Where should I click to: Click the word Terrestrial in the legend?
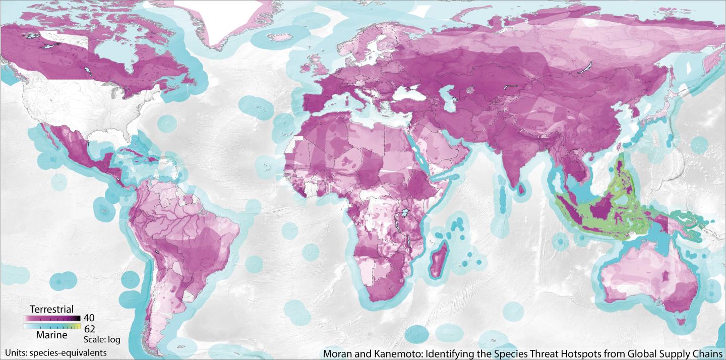(x=52, y=309)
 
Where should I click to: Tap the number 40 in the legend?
(x=89, y=318)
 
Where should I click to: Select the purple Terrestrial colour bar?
(x=51, y=319)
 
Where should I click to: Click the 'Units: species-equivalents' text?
(x=56, y=352)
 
